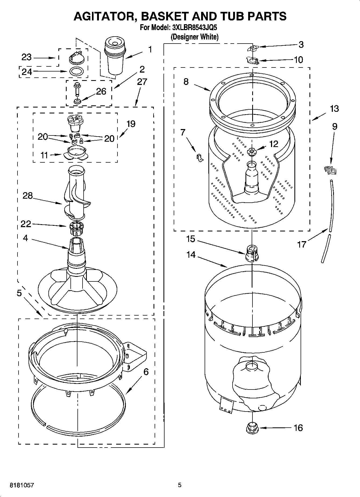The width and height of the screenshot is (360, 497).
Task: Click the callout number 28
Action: [27, 196]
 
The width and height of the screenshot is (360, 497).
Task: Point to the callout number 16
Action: [298, 428]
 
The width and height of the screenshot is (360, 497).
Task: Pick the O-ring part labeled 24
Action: [76, 71]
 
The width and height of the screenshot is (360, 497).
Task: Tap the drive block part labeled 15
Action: [252, 253]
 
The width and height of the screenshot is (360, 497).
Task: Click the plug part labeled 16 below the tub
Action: [252, 427]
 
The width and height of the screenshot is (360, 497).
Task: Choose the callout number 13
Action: [334, 109]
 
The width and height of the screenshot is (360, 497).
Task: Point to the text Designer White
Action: [195, 37]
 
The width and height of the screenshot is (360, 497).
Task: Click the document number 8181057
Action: [22, 485]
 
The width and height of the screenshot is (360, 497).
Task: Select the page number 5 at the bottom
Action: [180, 485]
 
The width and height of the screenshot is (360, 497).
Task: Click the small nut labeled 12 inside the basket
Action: [252, 152]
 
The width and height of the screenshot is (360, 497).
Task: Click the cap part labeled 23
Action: [77, 57]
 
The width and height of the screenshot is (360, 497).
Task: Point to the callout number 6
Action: [146, 372]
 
